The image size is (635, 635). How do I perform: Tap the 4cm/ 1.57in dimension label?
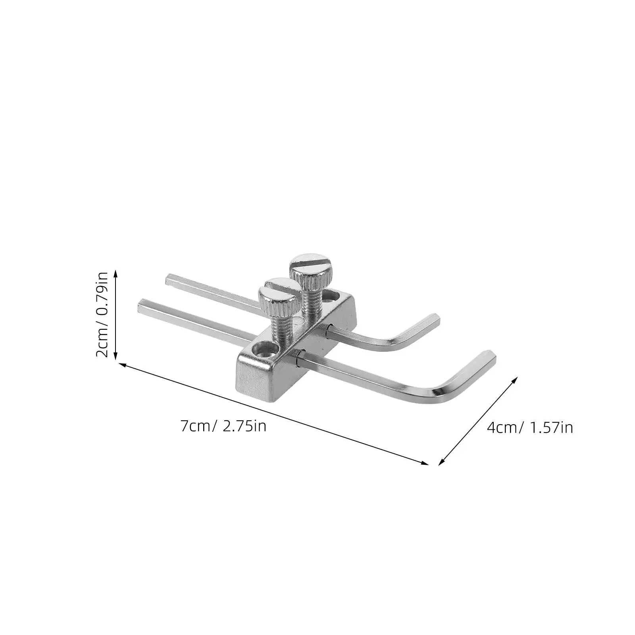point(530,427)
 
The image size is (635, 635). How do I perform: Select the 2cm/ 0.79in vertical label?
point(102,315)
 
